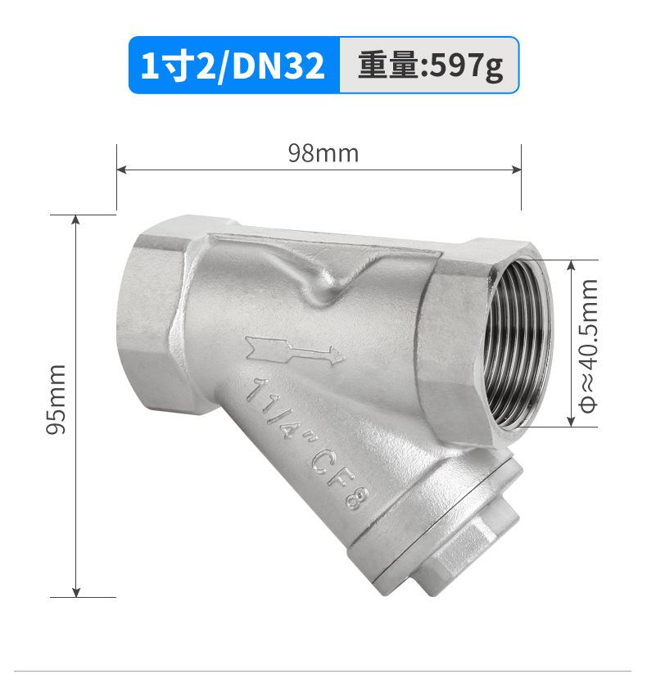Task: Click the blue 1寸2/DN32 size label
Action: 233,65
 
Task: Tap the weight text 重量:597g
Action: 430,66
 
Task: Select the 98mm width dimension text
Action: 323,153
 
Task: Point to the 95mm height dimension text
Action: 57,400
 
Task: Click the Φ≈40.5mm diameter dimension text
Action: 589,346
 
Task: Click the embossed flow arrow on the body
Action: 295,351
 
